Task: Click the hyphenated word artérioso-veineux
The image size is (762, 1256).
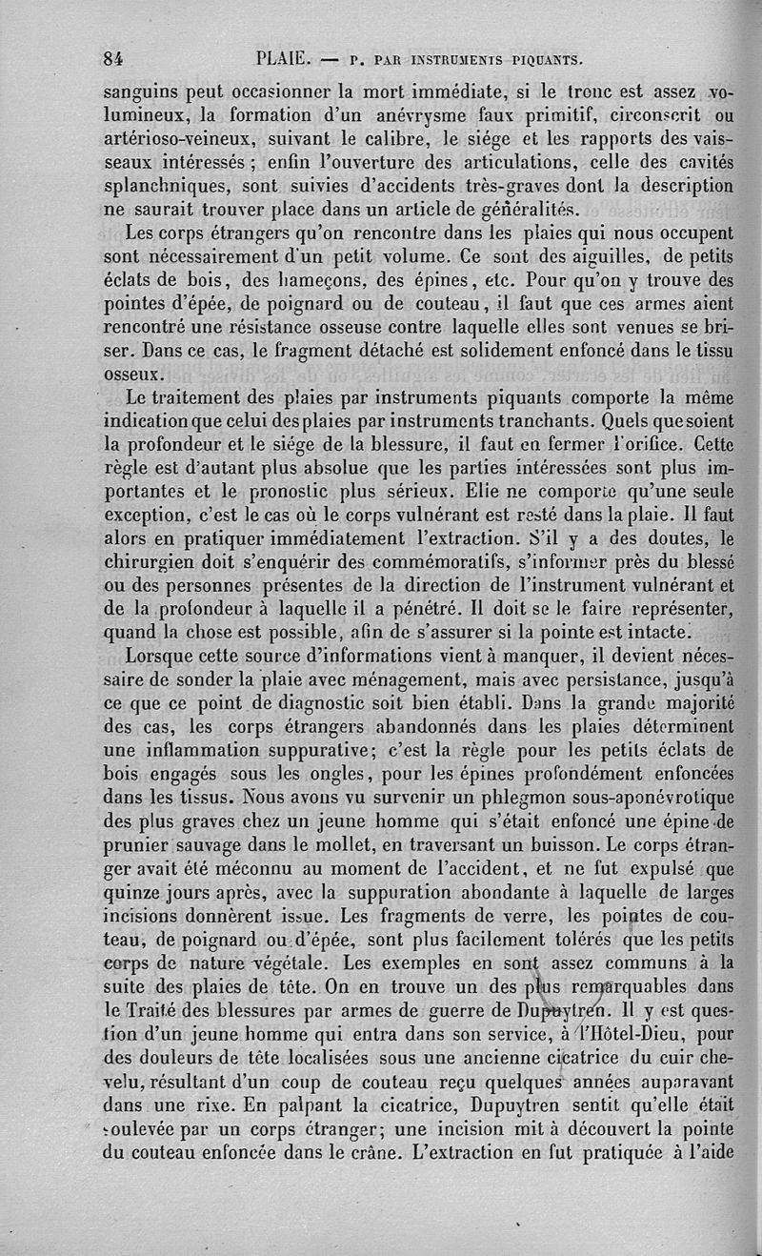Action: coord(175,140)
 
